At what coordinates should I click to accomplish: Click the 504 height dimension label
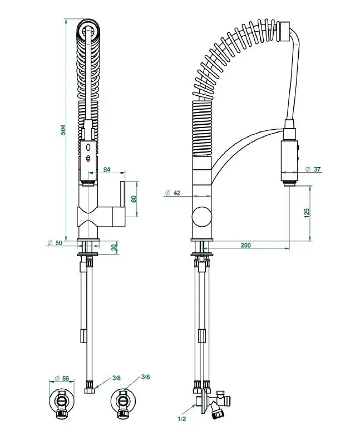tap(63, 129)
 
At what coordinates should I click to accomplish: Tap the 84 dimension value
tap(107, 169)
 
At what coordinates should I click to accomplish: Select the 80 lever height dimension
tap(133, 198)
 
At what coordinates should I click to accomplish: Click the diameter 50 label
tap(55, 243)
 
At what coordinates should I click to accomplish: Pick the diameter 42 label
tap(172, 193)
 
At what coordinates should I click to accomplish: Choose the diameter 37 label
tap(313, 169)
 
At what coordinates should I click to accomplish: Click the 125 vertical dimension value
tap(307, 213)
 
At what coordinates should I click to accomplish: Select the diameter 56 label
tap(61, 379)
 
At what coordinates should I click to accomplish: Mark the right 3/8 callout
tap(146, 377)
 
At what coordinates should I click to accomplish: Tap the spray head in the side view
tap(290, 162)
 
